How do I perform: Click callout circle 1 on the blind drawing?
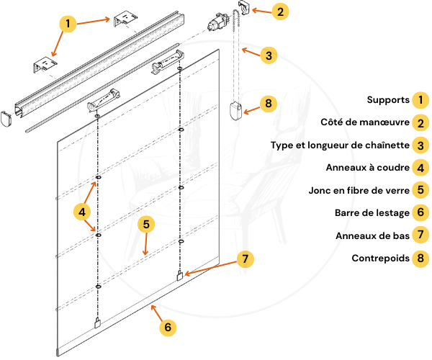tap(67, 24)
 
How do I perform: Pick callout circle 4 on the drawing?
tap(82, 212)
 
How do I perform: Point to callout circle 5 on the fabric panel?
tap(146, 225)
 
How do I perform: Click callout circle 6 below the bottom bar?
tap(167, 327)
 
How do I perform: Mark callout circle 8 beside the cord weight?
tap(267, 104)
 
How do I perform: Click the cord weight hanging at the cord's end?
tap(234, 112)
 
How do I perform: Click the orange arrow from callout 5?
tap(146, 246)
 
